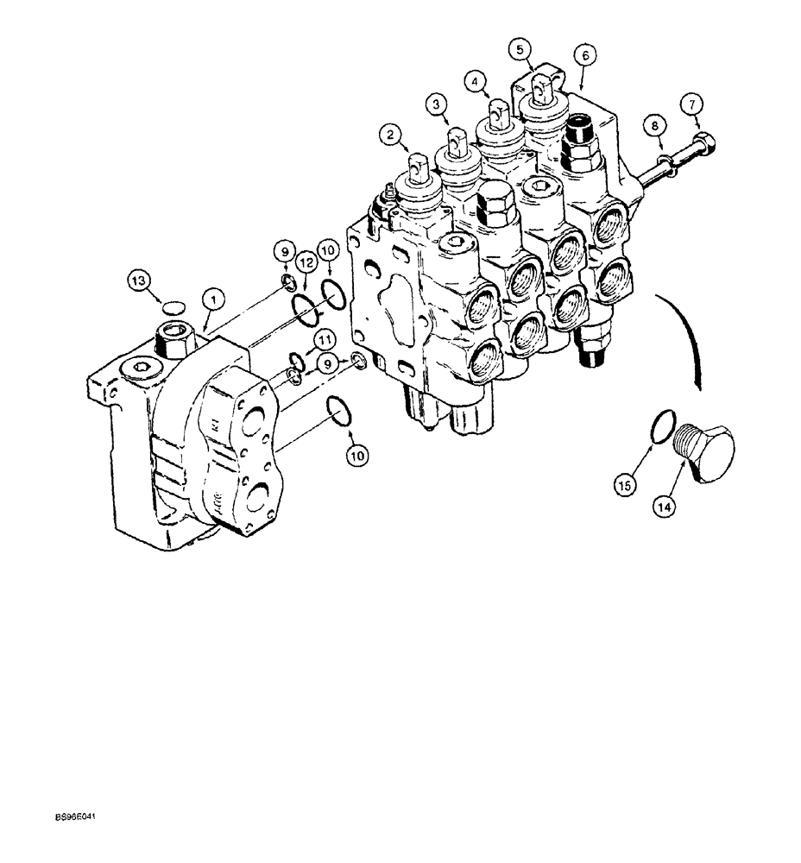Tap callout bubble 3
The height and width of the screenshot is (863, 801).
(437, 104)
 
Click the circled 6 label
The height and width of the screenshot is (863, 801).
(584, 54)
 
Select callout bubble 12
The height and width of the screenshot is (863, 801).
(303, 261)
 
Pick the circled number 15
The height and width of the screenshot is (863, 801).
(627, 486)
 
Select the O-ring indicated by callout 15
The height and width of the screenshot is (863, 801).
(659, 427)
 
